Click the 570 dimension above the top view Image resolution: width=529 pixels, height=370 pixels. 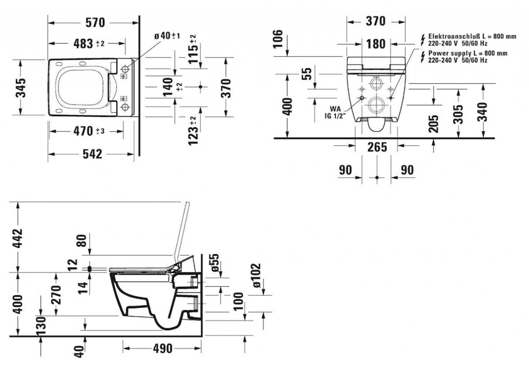95,23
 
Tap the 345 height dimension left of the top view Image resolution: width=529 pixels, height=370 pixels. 21,88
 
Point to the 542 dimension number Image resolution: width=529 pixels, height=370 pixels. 92,154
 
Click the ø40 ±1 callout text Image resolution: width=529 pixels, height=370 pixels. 167,36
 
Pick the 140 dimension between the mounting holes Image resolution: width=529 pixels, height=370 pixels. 170,87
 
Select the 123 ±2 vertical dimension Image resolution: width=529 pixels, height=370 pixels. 193,131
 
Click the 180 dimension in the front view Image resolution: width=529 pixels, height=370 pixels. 376,44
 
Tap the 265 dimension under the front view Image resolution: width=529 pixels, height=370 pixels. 377,147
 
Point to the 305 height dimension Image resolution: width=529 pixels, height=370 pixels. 458,114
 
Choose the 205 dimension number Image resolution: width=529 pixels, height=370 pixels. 433,123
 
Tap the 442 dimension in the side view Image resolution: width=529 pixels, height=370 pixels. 18,238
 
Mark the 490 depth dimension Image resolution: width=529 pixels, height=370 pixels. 163,348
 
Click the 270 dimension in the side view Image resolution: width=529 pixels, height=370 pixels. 56,295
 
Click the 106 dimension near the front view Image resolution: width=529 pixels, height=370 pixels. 277,39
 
